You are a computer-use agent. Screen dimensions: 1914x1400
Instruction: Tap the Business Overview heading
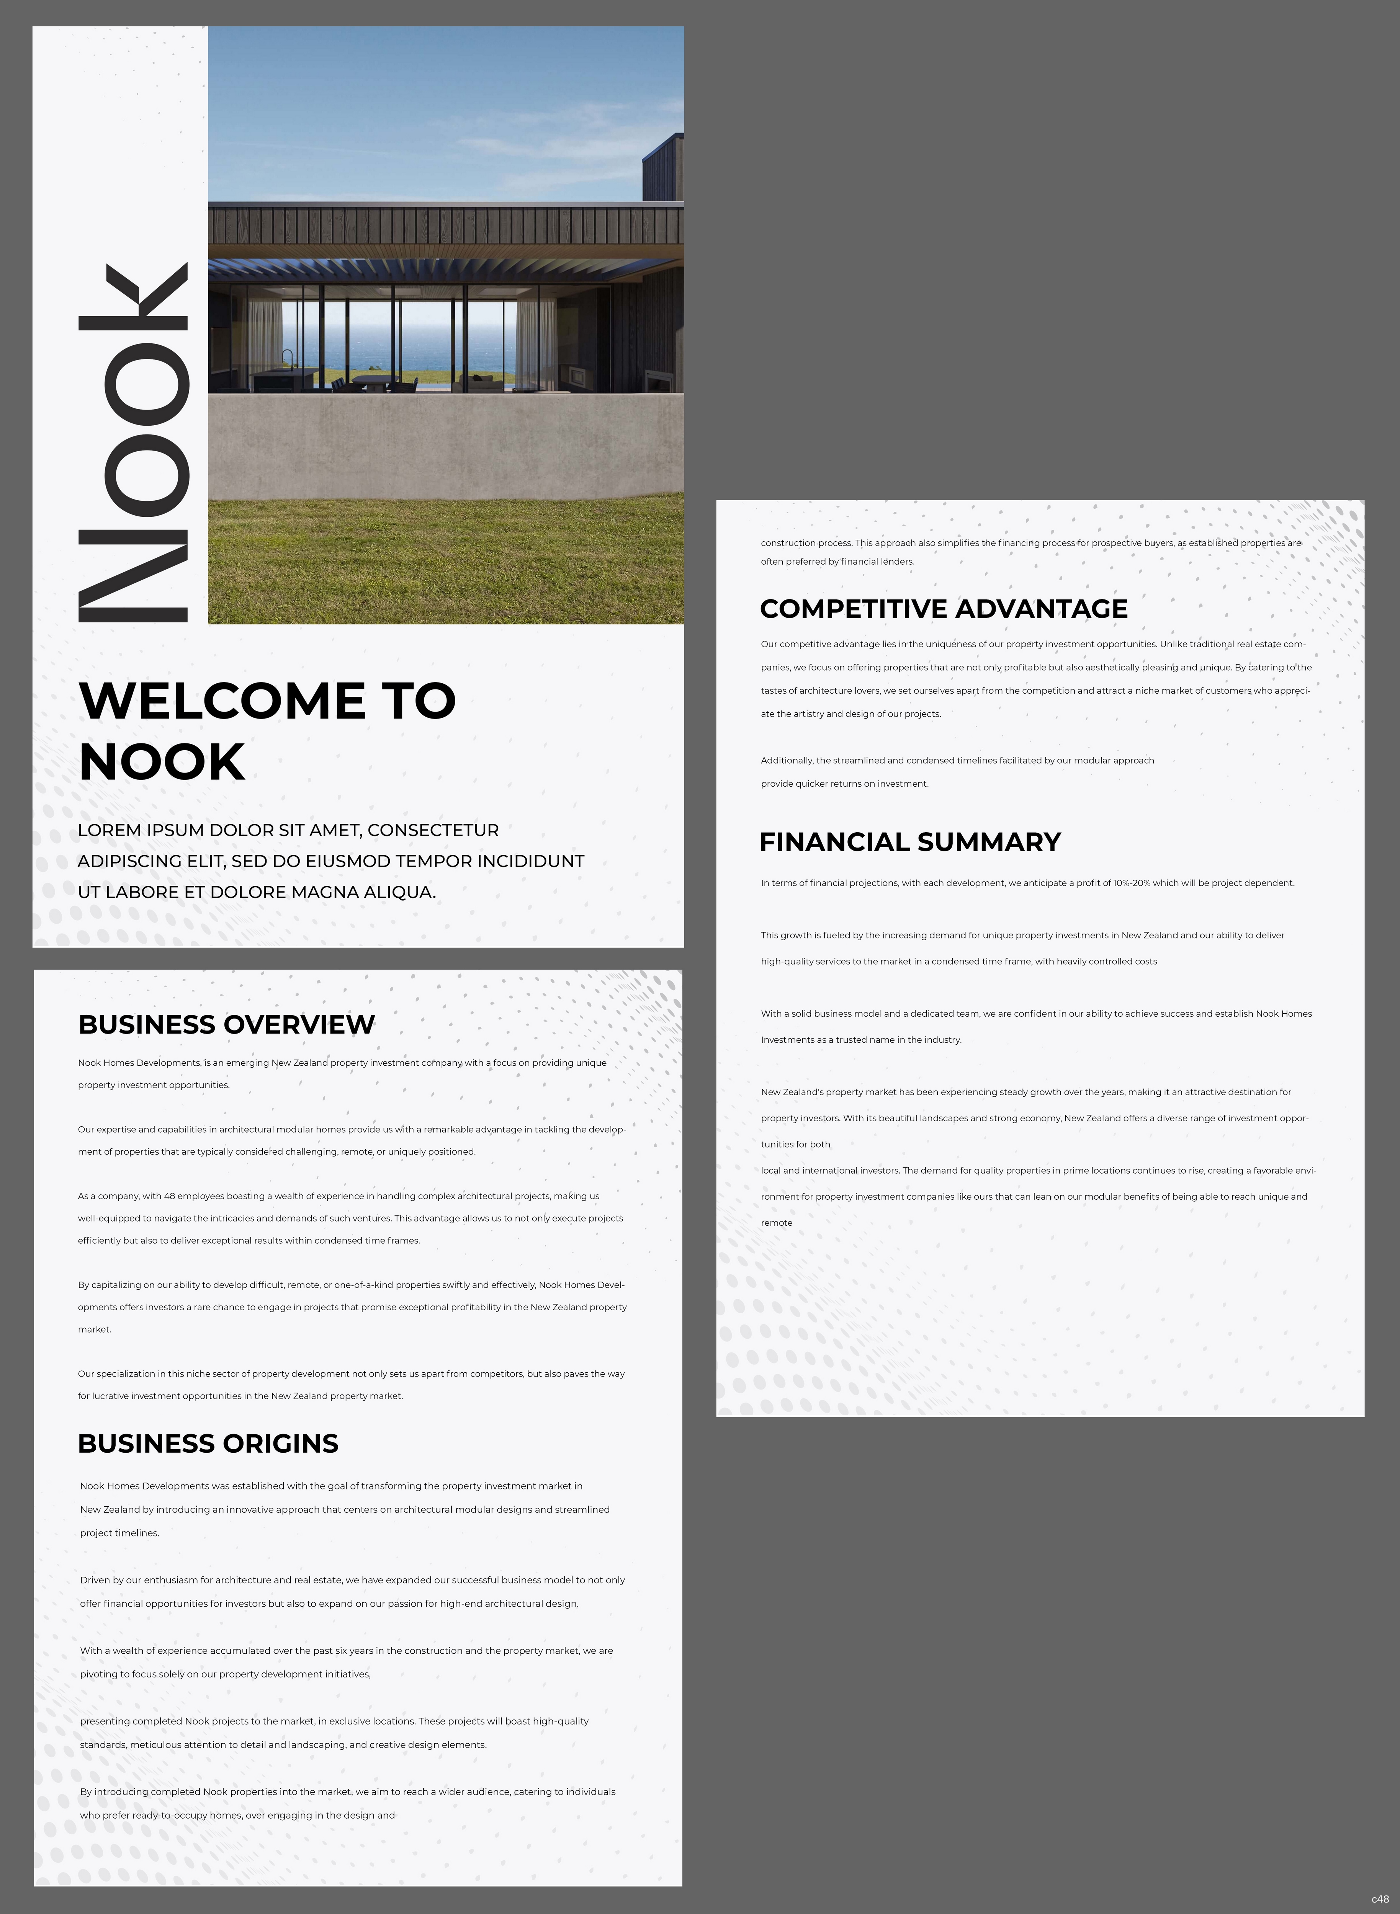[226, 1024]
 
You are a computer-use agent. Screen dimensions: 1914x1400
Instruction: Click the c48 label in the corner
[1380, 1899]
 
